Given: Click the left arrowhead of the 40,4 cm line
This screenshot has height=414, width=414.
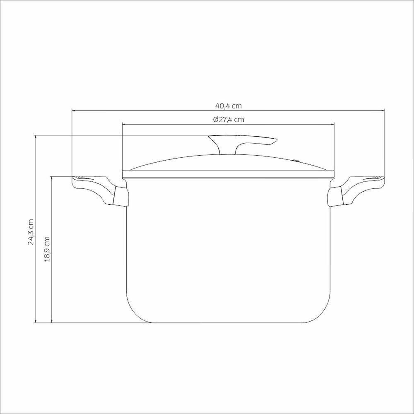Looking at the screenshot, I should (x=74, y=111).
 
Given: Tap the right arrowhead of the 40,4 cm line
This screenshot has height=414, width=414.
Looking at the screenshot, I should (x=383, y=111).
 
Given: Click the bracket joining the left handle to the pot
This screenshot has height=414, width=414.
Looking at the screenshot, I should (x=120, y=197).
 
